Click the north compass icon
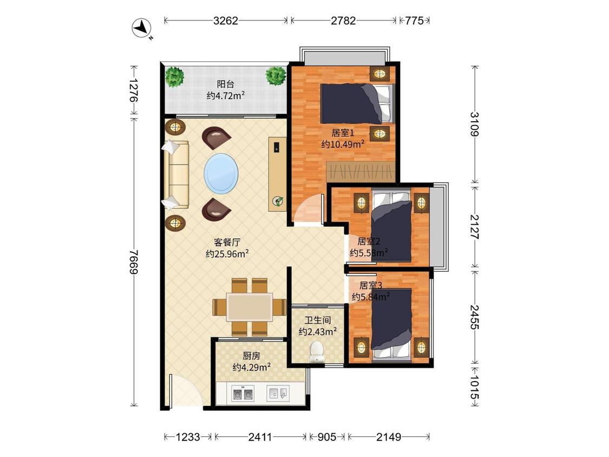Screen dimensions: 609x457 click(x=141, y=28)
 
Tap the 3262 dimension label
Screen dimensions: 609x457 click(x=225, y=21)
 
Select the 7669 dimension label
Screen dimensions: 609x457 click(x=134, y=262)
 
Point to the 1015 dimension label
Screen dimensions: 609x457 click(x=474, y=387)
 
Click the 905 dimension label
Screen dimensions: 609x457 click(x=326, y=437)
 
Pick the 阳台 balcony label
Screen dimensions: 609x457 click(x=225, y=84)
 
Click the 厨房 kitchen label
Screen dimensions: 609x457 click(x=251, y=356)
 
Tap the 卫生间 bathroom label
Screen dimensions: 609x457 click(x=317, y=320)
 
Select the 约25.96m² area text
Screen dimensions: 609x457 click(x=227, y=254)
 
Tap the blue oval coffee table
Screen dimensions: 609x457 click(x=221, y=173)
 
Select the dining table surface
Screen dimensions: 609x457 click(x=250, y=307)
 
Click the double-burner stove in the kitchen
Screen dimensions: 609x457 click(x=243, y=393)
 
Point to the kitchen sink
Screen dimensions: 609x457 click(x=278, y=393)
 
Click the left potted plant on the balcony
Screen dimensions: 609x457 click(x=174, y=76)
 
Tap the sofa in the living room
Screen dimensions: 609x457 click(x=176, y=174)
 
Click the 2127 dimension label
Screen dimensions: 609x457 click(x=474, y=226)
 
